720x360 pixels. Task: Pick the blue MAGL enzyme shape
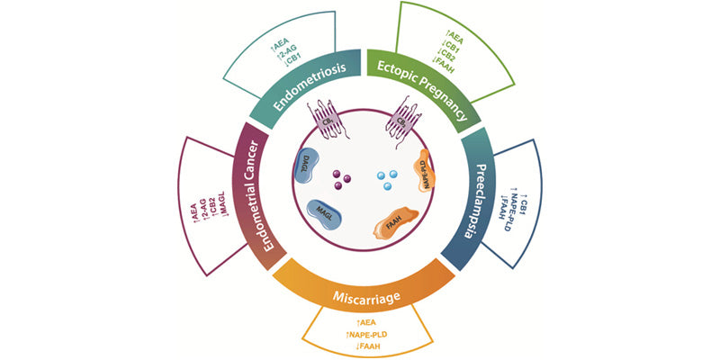[x=325, y=211]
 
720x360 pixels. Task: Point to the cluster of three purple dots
[x=340, y=179]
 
